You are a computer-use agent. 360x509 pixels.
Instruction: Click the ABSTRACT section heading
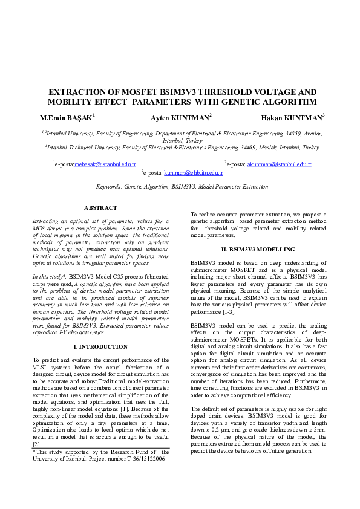coord(100,208)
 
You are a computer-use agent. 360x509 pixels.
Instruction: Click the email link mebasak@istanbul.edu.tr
coord(105,164)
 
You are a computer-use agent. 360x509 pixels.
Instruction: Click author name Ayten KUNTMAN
coord(180,117)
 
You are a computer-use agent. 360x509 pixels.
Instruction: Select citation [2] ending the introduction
coord(37,443)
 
